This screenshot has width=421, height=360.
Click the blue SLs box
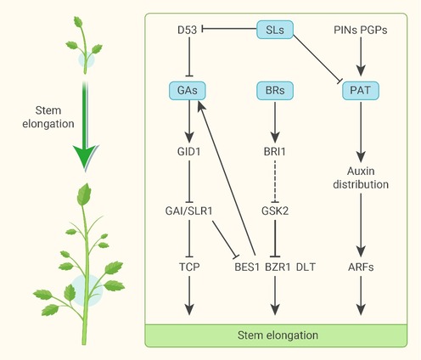click(x=275, y=30)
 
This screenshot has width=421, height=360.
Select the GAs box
click(x=188, y=91)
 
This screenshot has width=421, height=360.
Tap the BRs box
click(x=275, y=91)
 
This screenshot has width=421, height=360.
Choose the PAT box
click(x=361, y=91)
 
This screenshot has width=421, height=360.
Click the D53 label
click(x=187, y=30)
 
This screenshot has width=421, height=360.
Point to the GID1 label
click(x=188, y=152)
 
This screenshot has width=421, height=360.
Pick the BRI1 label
click(x=275, y=152)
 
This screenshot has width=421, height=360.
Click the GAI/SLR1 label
click(x=188, y=211)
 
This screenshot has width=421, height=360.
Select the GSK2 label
click(x=275, y=211)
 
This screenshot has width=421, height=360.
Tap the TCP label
click(x=189, y=267)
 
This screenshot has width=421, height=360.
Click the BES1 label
click(x=247, y=267)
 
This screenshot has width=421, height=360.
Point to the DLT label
click(x=306, y=267)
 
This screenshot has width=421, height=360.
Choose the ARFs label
click(x=361, y=267)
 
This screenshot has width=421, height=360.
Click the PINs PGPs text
click(x=361, y=30)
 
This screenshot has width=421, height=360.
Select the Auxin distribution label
click(x=361, y=177)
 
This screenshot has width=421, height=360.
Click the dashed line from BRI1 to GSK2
click(x=275, y=182)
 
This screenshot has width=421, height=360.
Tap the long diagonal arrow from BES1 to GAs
click(x=227, y=177)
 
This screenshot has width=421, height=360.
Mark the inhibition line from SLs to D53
click(x=229, y=29)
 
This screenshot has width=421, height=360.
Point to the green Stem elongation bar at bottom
click(x=276, y=335)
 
